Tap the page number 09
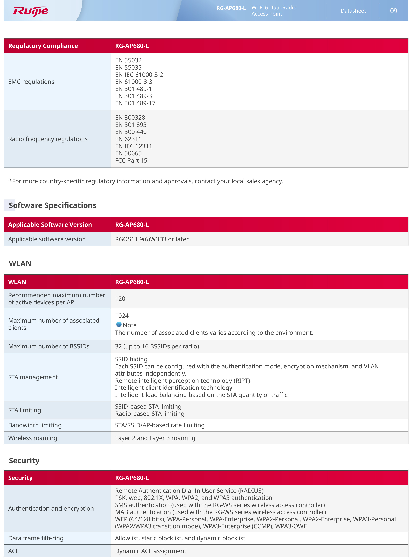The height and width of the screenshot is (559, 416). point(393,11)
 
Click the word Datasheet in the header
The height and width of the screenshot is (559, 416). point(353,11)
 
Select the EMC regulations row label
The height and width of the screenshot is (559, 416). point(31,82)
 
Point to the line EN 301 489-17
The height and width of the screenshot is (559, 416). point(135,103)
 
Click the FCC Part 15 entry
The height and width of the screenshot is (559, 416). point(131,161)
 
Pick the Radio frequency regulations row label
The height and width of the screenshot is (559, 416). point(48,139)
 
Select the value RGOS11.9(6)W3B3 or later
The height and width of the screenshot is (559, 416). point(152,239)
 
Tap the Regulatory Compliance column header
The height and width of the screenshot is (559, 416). point(43,46)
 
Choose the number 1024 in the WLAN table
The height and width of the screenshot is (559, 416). point(122,316)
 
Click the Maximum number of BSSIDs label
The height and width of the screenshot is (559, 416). point(49,346)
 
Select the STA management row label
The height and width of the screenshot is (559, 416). point(33,377)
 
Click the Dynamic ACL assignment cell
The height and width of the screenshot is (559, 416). point(151,551)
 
